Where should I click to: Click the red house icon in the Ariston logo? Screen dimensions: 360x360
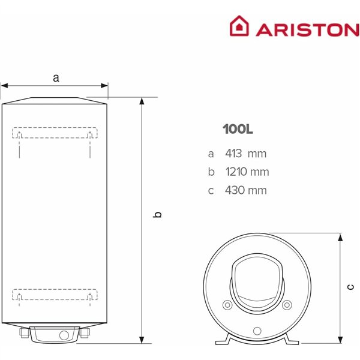[239, 26]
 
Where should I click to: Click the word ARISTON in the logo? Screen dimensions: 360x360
[308, 30]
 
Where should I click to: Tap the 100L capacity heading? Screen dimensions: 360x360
[238, 129]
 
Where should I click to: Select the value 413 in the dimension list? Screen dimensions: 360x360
[233, 154]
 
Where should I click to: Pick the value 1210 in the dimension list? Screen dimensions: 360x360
[236, 172]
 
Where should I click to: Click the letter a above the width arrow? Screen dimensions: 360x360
[56, 78]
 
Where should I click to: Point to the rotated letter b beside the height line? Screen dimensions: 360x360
[157, 215]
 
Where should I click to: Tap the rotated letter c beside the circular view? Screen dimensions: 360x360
[351, 287]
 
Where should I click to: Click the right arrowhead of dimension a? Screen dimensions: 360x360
[104, 86]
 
